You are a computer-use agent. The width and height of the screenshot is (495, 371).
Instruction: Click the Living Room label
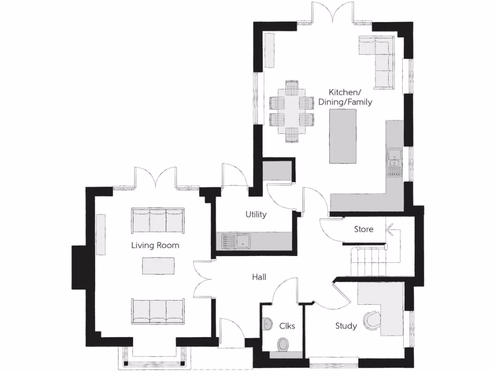(155, 245)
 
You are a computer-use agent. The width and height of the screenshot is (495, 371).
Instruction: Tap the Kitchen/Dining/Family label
(345, 97)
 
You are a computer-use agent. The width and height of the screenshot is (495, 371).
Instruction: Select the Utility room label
(256, 214)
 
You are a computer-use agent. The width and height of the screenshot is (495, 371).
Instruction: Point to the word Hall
(259, 277)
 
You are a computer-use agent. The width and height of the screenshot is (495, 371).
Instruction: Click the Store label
(364, 229)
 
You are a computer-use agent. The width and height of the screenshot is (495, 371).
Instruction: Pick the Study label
(346, 326)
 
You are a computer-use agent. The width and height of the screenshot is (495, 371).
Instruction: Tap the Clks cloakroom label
(287, 326)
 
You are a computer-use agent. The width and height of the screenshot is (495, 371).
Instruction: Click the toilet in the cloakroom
(283, 344)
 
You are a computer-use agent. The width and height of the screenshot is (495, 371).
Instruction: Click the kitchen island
(343, 136)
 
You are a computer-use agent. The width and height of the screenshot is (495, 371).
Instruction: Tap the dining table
(292, 111)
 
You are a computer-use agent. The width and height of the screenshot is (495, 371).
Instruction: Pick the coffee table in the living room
(158, 265)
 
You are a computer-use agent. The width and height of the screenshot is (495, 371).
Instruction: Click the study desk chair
(372, 320)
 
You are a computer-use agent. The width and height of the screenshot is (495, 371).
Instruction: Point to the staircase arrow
(390, 230)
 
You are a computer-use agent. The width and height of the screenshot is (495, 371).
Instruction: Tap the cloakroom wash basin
(266, 324)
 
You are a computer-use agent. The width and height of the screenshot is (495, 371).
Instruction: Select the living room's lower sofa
(158, 311)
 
